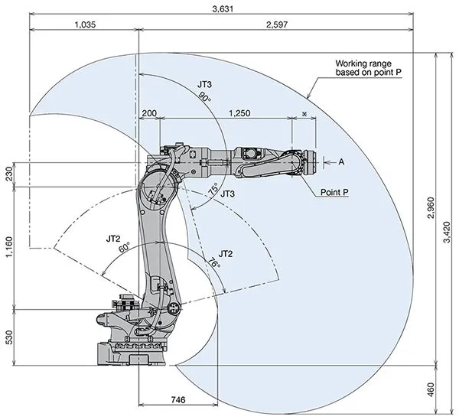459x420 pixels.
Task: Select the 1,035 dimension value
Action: pyautogui.click(x=86, y=25)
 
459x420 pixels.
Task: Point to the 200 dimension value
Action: pyautogui.click(x=149, y=112)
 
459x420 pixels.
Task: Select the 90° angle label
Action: pyautogui.click(x=203, y=97)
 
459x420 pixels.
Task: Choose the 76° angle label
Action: pyautogui.click(x=213, y=264)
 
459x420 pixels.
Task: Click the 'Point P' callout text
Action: pyautogui.click(x=334, y=192)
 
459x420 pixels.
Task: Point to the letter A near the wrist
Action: pyautogui.click(x=341, y=162)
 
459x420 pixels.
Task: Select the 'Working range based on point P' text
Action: pyautogui.click(x=369, y=68)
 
